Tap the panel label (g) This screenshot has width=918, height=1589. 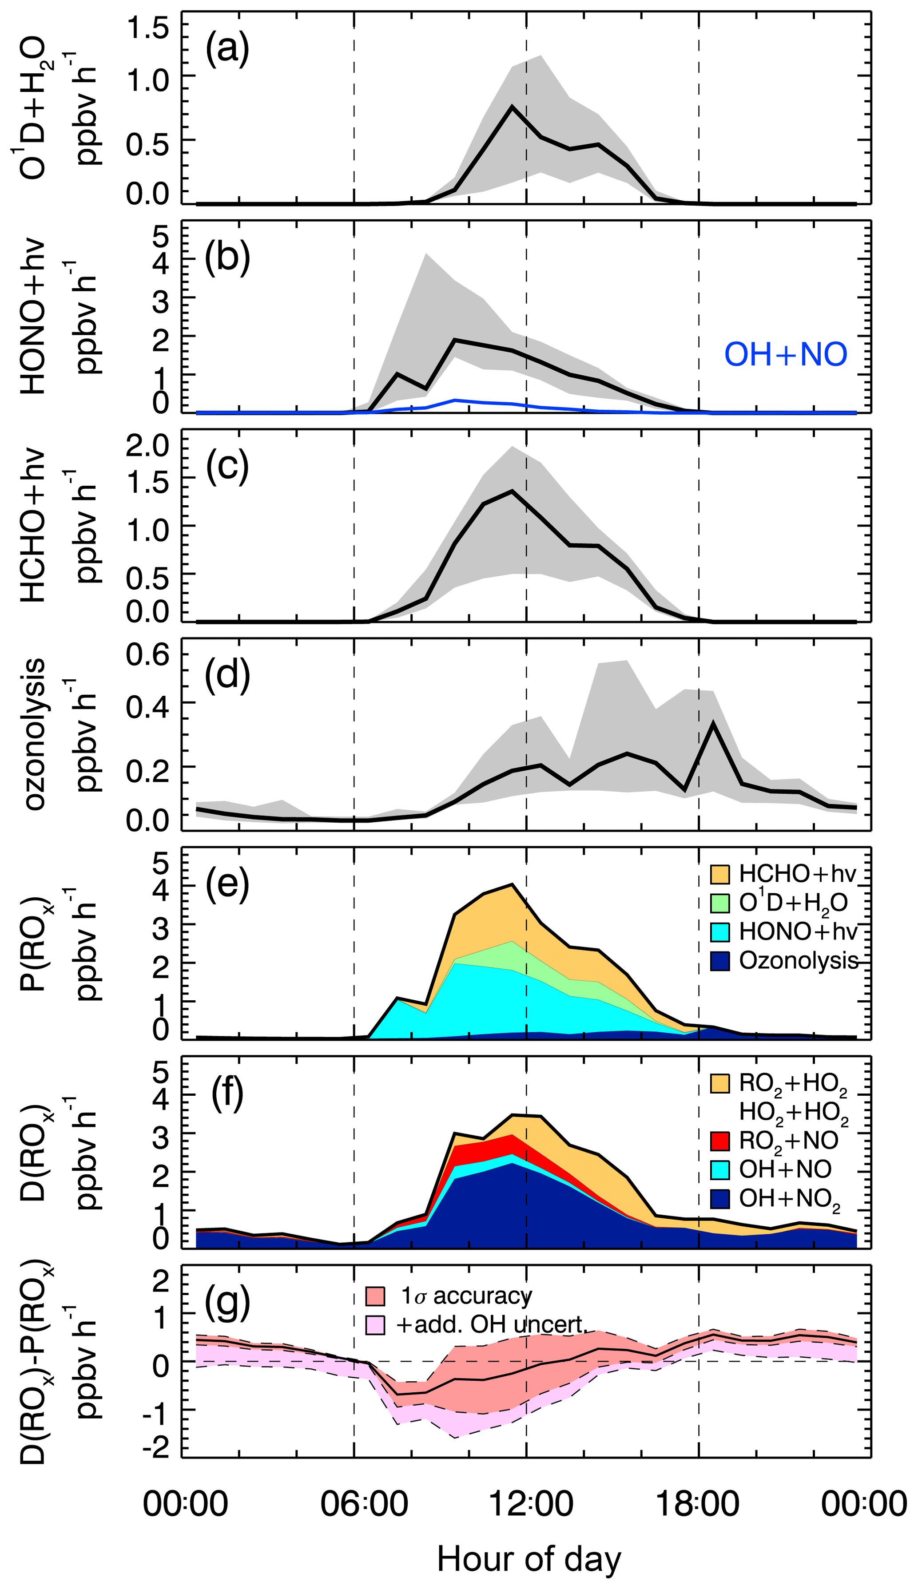[x=227, y=1303]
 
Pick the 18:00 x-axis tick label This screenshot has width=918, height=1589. [x=698, y=1504]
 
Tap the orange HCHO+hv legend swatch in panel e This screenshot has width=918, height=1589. [x=720, y=874]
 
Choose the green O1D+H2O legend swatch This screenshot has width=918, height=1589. [x=720, y=903]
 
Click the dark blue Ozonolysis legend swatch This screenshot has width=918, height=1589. [x=720, y=961]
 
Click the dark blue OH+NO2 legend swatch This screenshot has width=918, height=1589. [x=720, y=1198]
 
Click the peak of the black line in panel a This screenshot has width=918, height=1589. [x=513, y=107]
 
